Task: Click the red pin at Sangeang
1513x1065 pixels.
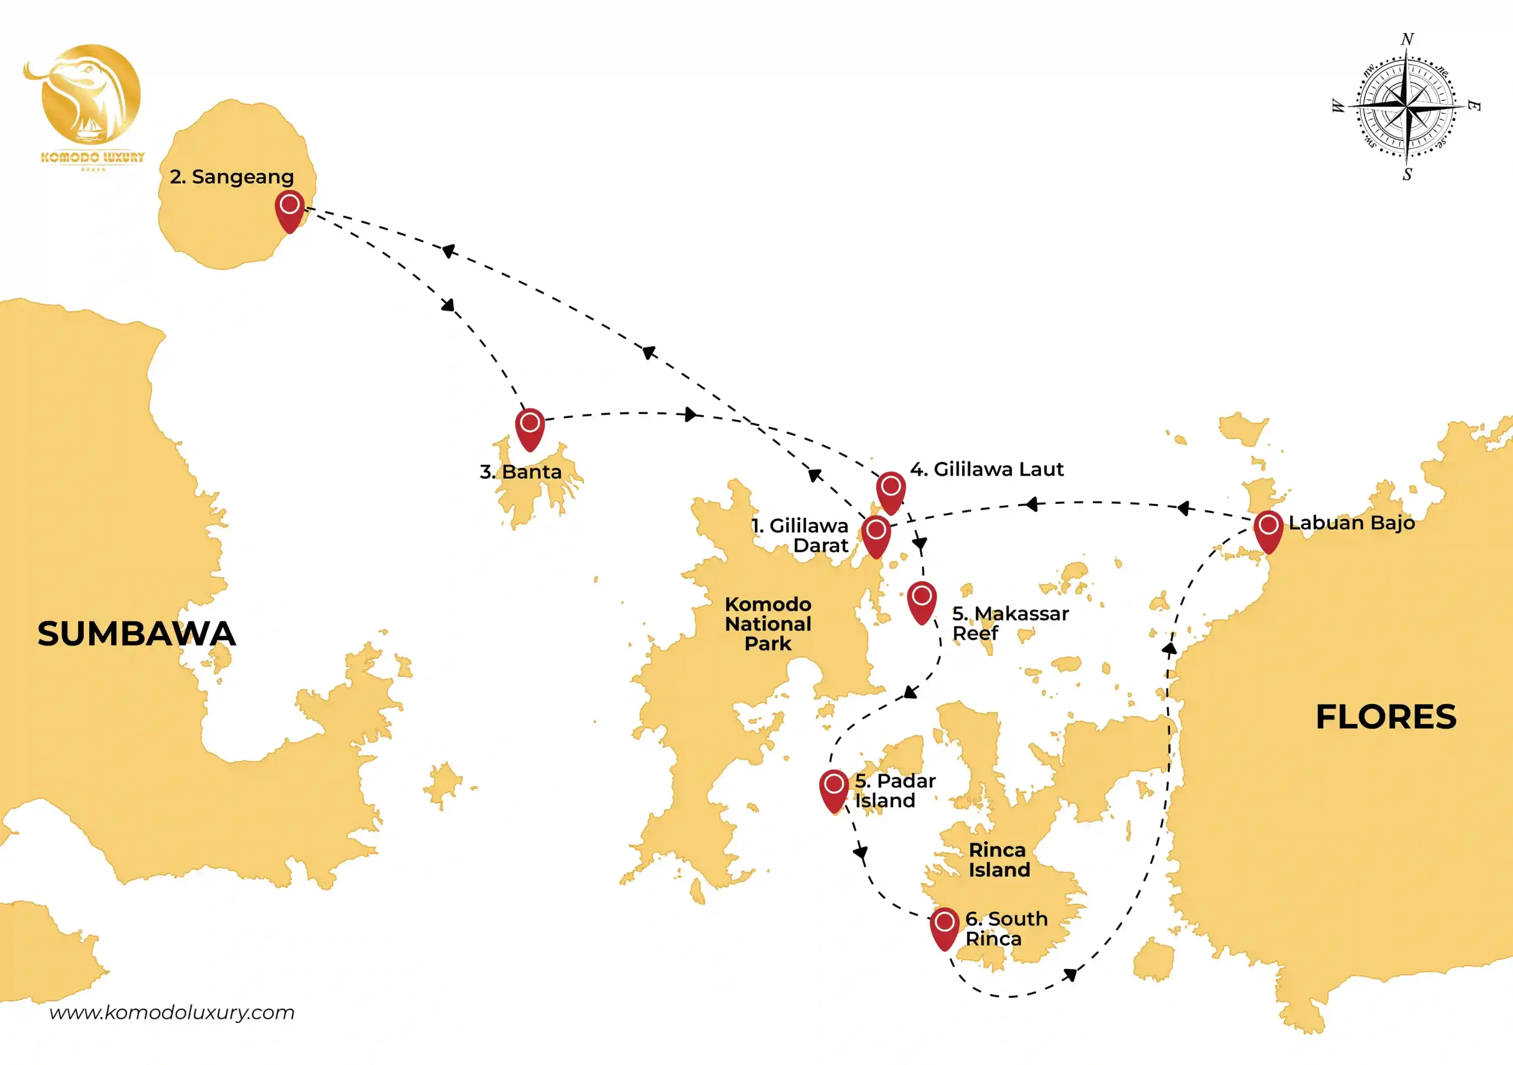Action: pos(289,211)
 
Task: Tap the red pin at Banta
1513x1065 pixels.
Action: pos(530,429)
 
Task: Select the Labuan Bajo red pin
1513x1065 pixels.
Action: pos(1268,532)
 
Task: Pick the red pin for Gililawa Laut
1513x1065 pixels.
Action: pos(891,493)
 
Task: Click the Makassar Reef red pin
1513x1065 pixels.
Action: pos(922,602)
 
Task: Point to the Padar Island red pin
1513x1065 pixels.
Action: pos(835,790)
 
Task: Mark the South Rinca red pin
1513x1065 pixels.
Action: pos(944,928)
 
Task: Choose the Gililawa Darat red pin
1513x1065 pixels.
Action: pos(876,537)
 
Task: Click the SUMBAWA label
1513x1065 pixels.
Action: pos(137,634)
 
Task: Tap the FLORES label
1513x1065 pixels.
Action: pos(1386,716)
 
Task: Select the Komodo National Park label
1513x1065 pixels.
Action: pos(768,624)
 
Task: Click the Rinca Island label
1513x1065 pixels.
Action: pos(999,859)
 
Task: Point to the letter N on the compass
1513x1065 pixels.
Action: pos(1407,39)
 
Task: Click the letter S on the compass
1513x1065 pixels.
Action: pos(1407,174)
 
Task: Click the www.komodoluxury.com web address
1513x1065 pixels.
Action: pos(172,1012)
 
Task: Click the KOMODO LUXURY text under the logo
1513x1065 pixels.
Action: pos(92,157)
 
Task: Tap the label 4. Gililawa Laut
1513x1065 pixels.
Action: pos(986,469)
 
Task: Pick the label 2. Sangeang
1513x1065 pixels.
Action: pos(231,177)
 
